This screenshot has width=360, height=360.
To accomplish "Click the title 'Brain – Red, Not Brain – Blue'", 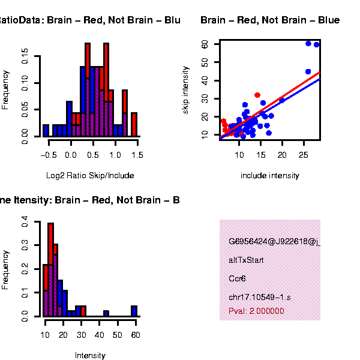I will click(270, 20).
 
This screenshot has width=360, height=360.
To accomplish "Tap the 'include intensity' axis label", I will click(269, 176).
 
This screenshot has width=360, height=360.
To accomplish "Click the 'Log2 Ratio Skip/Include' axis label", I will click(90, 176).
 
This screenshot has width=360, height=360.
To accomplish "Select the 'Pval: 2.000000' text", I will click(257, 311).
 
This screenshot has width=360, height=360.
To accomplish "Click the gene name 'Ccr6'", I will click(238, 279).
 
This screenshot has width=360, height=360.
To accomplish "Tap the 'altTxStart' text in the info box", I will click(246, 260).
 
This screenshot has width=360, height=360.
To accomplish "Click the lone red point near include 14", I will click(257, 95).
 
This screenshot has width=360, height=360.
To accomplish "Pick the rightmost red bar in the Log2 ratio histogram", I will click(134, 124).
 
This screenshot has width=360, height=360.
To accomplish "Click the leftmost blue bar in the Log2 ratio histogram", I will click(46, 130).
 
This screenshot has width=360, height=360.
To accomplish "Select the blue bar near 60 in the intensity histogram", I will click(134, 310).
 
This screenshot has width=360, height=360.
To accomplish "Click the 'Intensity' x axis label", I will click(90, 356).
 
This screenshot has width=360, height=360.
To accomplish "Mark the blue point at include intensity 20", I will click(281, 100).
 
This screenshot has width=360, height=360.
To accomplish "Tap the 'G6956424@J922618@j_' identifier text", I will click(274, 242).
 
